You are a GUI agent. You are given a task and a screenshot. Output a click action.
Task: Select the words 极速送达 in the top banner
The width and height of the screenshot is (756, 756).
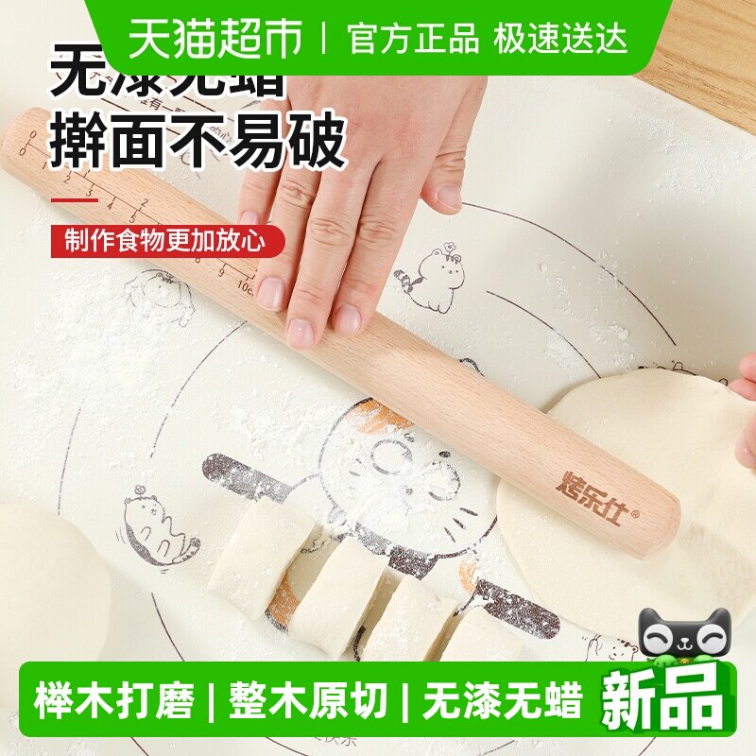point(559,38)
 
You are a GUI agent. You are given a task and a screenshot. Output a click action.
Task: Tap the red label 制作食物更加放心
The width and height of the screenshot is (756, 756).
point(167,240)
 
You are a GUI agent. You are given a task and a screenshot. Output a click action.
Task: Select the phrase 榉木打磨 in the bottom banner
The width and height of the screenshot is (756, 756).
point(114,702)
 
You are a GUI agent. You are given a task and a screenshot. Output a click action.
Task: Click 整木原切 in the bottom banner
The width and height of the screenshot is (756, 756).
point(308,702)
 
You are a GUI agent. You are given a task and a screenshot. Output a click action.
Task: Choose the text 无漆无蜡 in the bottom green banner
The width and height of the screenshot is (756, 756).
point(502,702)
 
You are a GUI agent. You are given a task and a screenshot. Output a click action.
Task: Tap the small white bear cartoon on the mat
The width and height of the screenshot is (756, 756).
point(432,278)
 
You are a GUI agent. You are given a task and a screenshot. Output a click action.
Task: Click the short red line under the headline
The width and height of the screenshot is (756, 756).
point(74,199)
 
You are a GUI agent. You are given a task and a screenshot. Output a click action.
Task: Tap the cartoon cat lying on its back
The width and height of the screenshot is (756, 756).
point(156,531)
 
